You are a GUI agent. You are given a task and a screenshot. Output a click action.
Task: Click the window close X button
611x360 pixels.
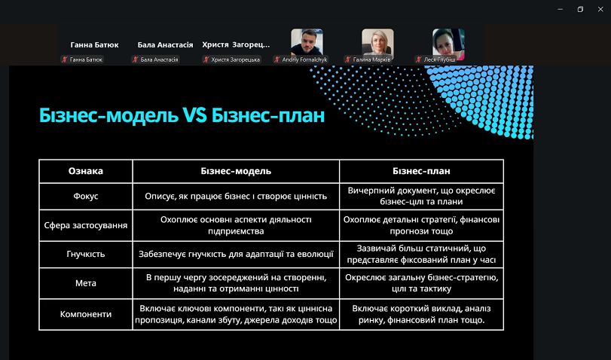click(600, 9)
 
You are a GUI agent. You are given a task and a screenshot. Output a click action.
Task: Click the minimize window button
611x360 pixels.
click(561, 9)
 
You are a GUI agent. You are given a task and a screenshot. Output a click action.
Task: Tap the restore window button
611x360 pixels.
click(580, 9)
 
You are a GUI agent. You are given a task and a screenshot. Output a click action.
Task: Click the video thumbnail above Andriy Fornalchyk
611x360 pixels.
click(307, 41)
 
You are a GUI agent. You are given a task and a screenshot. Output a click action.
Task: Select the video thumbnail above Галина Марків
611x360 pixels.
click(377, 41)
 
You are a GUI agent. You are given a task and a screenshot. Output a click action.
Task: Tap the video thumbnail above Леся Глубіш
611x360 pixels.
click(448, 41)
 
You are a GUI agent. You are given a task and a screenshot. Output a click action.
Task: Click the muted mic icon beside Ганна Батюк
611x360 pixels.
click(65, 59)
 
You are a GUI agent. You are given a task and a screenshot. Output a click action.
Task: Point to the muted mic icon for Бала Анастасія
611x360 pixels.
click(136, 59)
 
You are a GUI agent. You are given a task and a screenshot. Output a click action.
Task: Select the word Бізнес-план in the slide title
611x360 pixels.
click(268, 115)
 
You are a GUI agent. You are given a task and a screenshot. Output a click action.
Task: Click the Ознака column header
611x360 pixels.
click(86, 171)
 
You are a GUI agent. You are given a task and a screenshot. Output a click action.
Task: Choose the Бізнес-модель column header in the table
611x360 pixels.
click(236, 171)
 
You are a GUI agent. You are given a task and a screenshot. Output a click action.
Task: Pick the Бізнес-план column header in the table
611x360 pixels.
click(421, 171)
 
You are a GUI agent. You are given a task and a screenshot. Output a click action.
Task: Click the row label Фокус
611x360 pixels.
click(86, 197)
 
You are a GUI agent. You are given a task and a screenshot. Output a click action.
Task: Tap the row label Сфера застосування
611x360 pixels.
click(86, 226)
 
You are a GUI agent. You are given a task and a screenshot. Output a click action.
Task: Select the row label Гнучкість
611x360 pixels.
click(86, 255)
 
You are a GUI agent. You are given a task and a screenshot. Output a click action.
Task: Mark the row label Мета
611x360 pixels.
click(86, 283)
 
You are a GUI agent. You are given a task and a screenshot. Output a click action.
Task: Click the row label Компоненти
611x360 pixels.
click(86, 314)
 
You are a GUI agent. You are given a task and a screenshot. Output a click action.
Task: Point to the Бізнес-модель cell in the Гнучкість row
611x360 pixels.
click(236, 255)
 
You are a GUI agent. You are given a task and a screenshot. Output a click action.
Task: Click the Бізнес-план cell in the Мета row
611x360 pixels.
click(422, 283)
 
